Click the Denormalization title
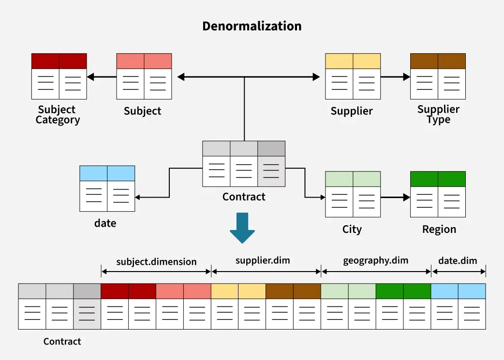tap(252, 26)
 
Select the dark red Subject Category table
tap(59, 76)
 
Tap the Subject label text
tap(142, 111)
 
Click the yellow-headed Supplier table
tap(353, 76)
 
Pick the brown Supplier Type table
tap(438, 76)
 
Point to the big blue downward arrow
tap(242, 228)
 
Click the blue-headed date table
tap(107, 188)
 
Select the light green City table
tap(353, 194)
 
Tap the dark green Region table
tap(438, 194)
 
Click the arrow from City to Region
tap(395, 198)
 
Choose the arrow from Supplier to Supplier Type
tap(395, 76)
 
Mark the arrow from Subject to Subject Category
tap(102, 76)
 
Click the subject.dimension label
tap(156, 262)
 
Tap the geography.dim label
tap(375, 261)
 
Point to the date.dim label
tap(458, 261)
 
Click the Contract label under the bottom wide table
tap(62, 342)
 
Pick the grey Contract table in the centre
tap(243, 164)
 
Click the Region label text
tap(439, 230)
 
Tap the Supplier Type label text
tap(438, 115)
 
